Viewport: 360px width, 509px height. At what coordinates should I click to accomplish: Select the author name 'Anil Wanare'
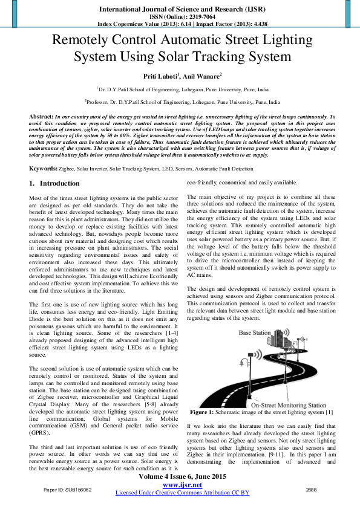click(x=201, y=76)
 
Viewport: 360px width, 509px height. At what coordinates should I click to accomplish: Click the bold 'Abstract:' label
click(x=41, y=115)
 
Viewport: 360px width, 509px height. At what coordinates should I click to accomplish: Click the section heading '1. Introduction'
click(x=54, y=183)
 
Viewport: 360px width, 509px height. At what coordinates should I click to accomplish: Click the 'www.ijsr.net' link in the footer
click(x=182, y=485)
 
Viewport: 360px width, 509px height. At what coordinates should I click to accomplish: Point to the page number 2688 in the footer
click(x=312, y=489)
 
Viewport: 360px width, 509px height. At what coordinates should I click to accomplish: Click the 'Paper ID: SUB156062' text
click(x=68, y=489)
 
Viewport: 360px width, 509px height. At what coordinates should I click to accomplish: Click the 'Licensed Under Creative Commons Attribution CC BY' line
click(x=182, y=493)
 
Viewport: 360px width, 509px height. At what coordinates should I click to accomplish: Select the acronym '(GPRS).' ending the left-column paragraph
click(x=41, y=433)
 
